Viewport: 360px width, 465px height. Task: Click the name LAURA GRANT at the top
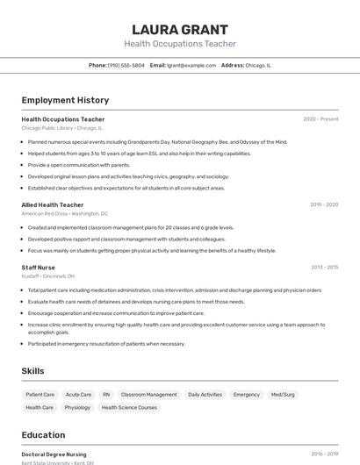click(180, 29)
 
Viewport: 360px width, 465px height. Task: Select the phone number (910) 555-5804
click(126, 65)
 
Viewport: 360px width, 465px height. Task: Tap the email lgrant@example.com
click(191, 65)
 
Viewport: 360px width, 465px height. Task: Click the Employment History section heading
click(65, 101)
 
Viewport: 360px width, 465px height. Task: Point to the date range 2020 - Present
click(320, 119)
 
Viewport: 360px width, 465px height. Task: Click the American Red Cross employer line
click(64, 213)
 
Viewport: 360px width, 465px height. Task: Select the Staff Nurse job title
click(38, 267)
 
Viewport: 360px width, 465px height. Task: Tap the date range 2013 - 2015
click(324, 267)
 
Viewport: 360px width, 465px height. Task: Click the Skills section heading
click(32, 371)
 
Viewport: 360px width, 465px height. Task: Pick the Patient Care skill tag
click(40, 395)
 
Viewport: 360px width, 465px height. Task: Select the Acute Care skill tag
click(78, 395)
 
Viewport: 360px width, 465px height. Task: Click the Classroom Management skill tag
click(148, 395)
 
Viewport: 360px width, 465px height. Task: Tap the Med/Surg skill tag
click(283, 395)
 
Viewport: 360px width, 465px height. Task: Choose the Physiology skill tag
click(77, 407)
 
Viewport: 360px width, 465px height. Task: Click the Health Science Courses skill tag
click(130, 407)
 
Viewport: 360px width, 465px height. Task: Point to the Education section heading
click(43, 435)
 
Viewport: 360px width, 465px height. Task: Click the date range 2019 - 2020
click(324, 204)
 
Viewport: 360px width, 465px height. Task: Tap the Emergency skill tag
click(247, 395)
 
